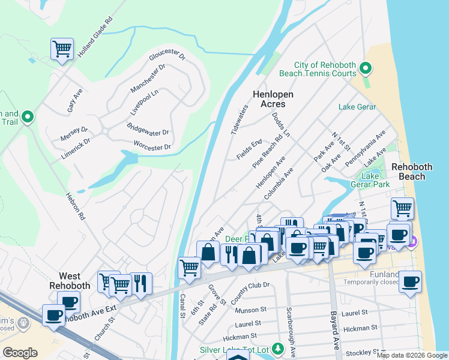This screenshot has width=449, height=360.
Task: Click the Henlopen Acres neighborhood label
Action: click(268, 99)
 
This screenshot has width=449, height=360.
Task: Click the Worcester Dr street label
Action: click(153, 145)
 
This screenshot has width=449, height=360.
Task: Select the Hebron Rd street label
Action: click(76, 205)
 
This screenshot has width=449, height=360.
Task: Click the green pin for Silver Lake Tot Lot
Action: click(277, 348)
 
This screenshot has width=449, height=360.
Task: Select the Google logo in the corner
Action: click(20, 353)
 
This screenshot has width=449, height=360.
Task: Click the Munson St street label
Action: click(251, 310)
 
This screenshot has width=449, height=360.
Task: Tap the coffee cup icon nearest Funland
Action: click(364, 253)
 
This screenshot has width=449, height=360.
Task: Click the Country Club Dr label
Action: click(250, 292)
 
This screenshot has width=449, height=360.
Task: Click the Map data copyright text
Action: click(411, 355)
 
